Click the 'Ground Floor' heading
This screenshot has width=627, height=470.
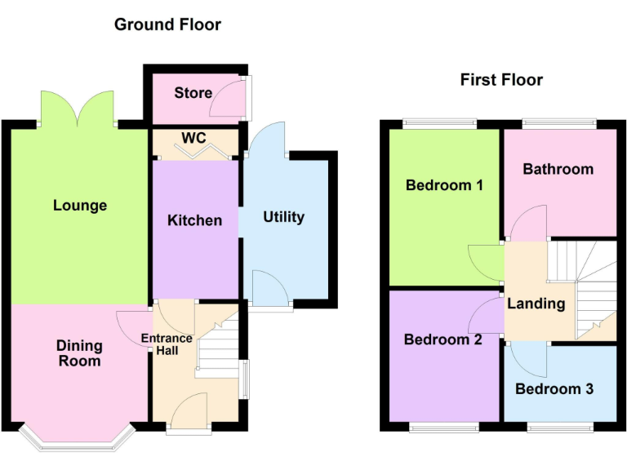167,24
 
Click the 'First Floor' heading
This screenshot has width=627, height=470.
501,80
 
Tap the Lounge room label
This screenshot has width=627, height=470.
80,205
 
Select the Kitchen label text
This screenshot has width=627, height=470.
194,220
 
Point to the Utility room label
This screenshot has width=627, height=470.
283,216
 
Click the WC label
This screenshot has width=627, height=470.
193,137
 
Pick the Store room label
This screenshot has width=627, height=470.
193,93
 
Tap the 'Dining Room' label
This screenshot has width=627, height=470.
79,353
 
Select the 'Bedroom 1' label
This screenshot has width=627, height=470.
444,185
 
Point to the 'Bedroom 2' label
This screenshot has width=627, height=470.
443,340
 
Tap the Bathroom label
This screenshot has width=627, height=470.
558,169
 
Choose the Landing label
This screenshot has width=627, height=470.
536,304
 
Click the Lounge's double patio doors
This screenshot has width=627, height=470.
78,108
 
